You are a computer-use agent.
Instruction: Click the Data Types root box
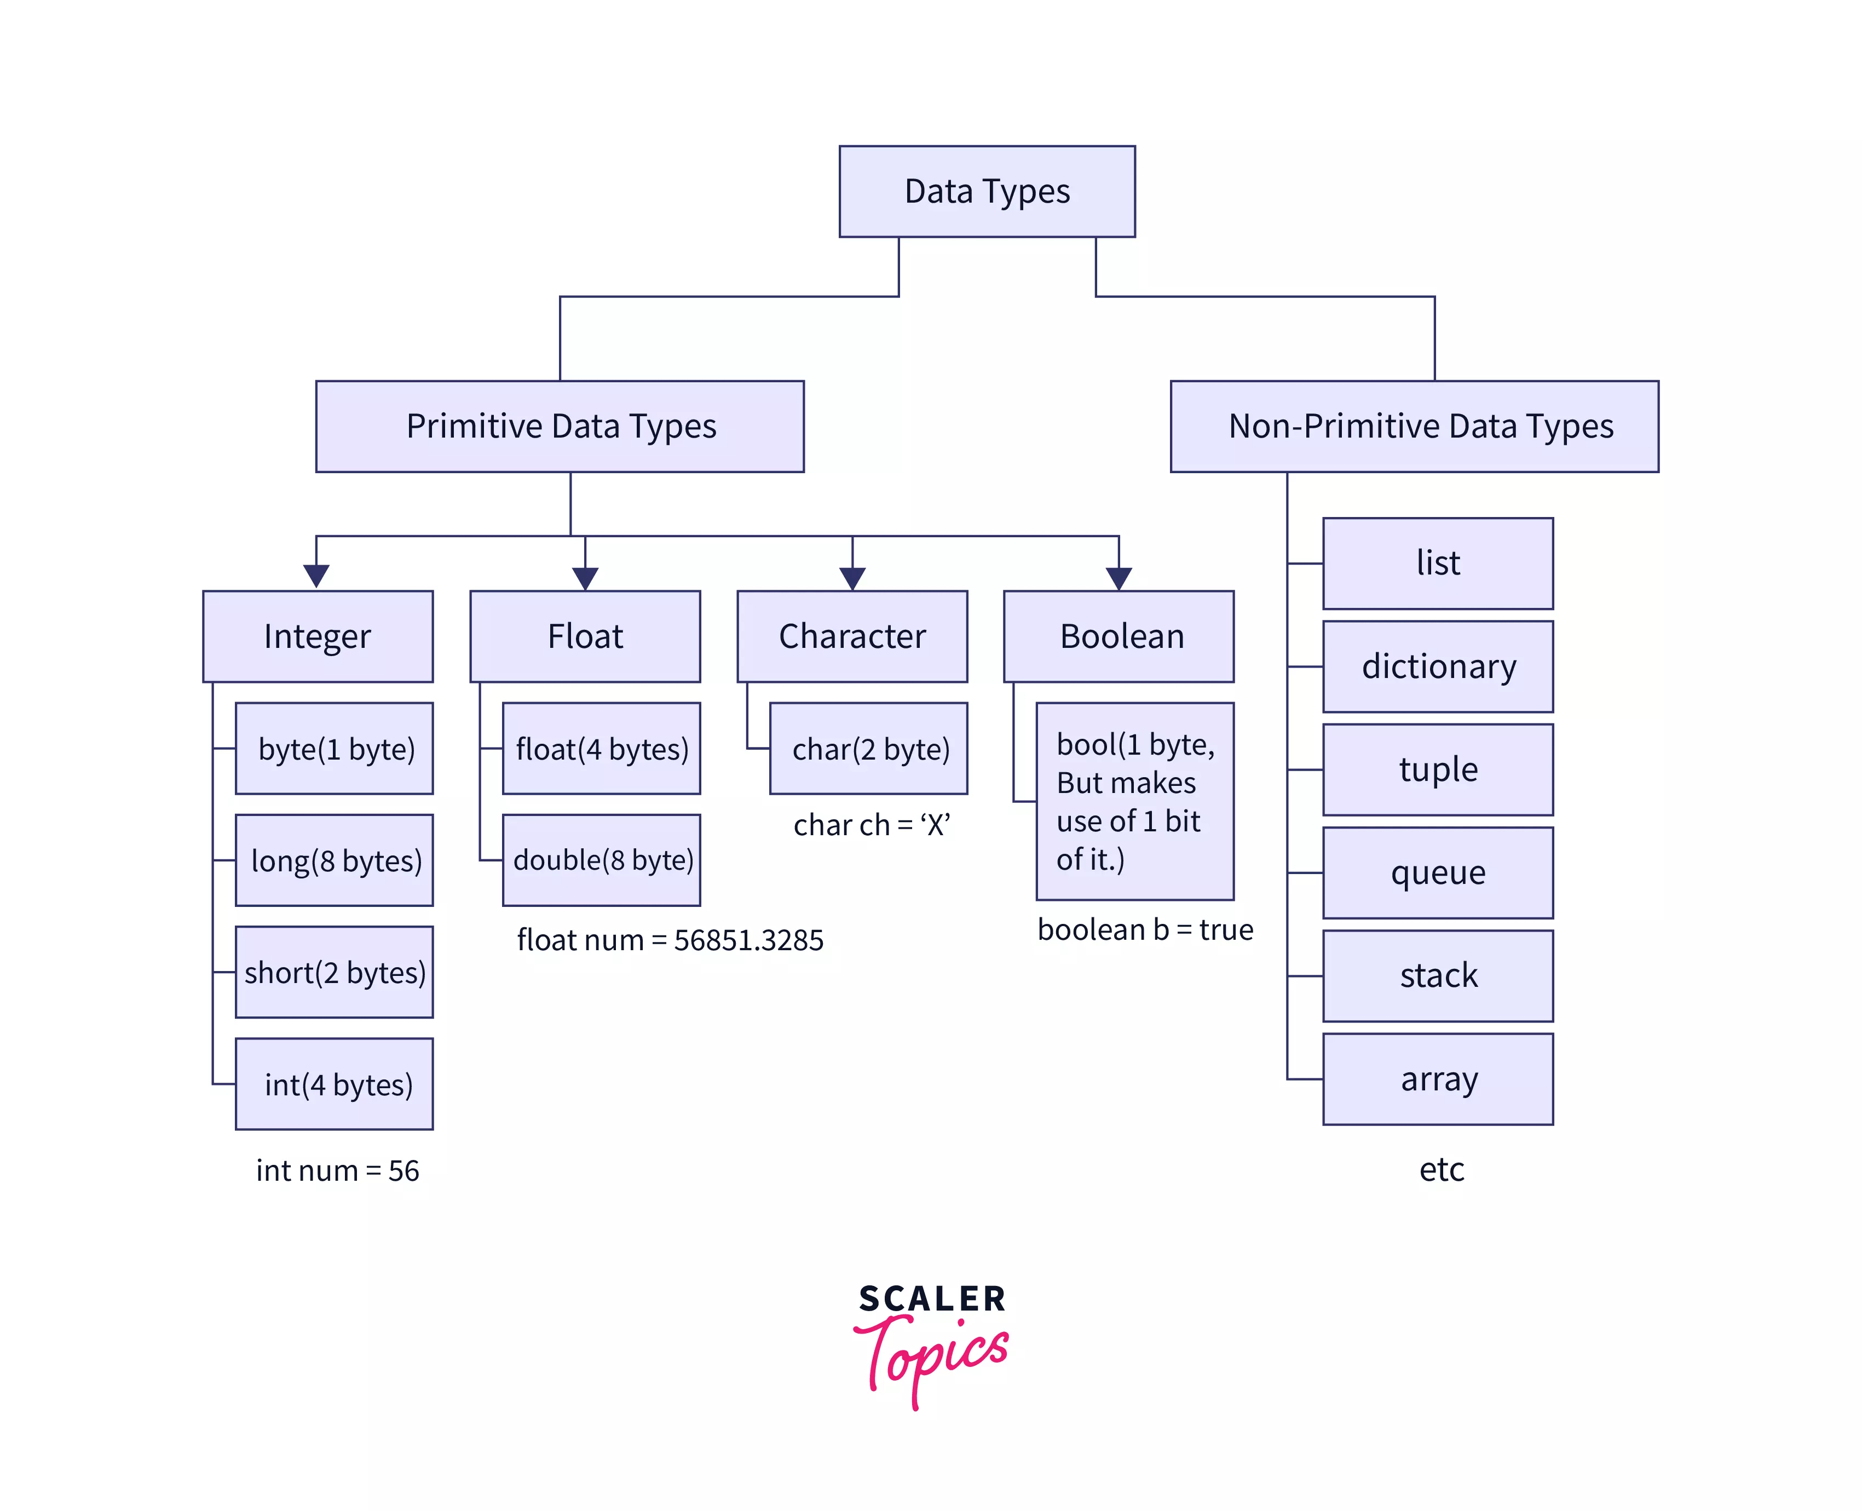click(987, 192)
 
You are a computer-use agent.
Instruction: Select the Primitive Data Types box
click(560, 427)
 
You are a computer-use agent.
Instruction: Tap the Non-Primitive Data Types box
click(1414, 427)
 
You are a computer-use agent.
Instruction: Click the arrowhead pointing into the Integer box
click(316, 576)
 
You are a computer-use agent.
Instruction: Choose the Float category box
click(585, 636)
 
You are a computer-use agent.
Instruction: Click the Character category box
click(852, 636)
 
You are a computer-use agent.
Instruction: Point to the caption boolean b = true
click(1145, 929)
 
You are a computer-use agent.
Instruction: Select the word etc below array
click(1441, 1169)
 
